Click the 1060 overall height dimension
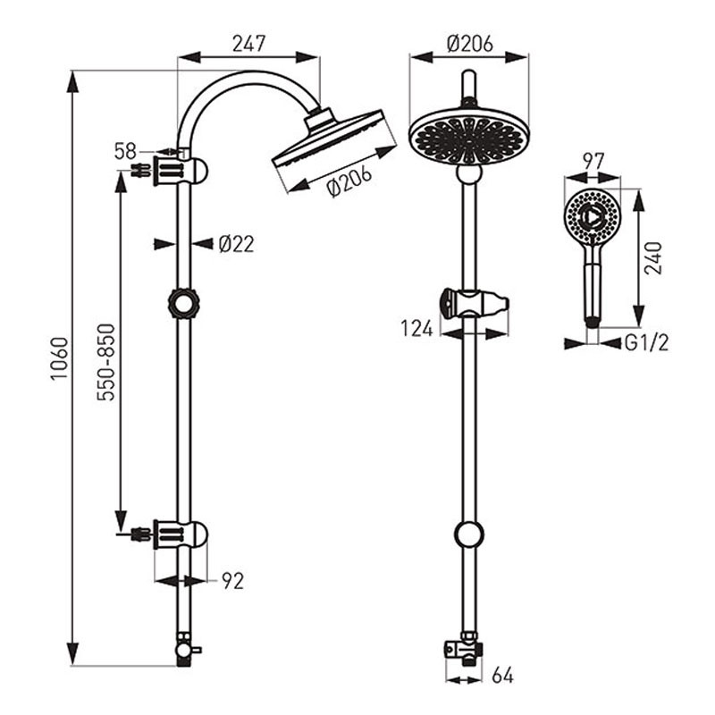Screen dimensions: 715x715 point(59,358)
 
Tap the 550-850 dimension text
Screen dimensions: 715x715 point(106,362)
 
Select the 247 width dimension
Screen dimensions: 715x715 point(248,44)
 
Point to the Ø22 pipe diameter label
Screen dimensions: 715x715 point(236,244)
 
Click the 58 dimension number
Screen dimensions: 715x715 point(125,151)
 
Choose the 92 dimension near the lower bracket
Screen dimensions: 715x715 point(233,581)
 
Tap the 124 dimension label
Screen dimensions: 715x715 point(416,328)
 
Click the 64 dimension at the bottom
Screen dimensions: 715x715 point(502,676)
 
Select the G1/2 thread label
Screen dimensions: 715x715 point(646,343)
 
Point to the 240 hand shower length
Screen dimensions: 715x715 point(653,258)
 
